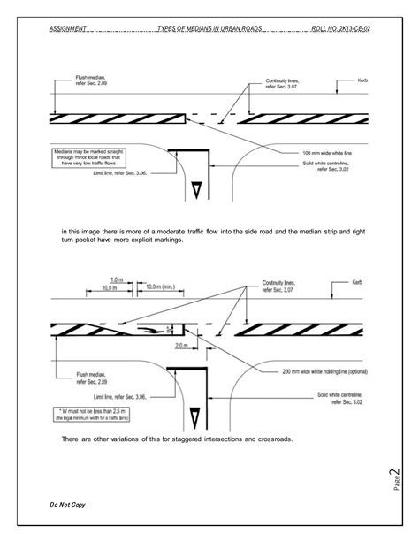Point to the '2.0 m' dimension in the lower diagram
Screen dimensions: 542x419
click(181, 346)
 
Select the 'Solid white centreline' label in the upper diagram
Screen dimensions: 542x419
click(328, 170)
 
